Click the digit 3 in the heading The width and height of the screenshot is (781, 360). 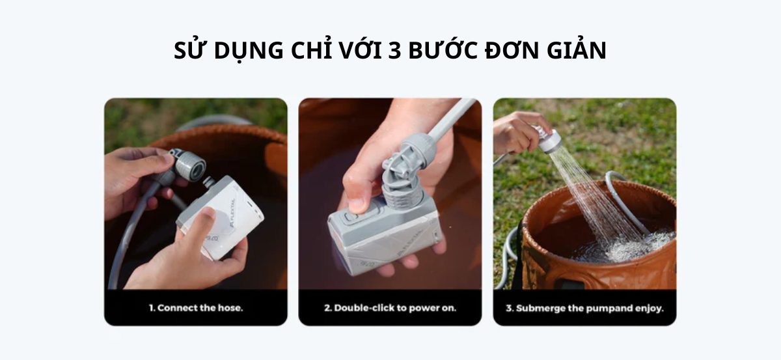click(x=394, y=51)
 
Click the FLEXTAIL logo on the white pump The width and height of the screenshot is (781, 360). click(x=233, y=213)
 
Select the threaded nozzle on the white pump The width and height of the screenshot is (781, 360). click(x=208, y=182)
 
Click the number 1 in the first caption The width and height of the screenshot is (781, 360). click(x=152, y=308)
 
